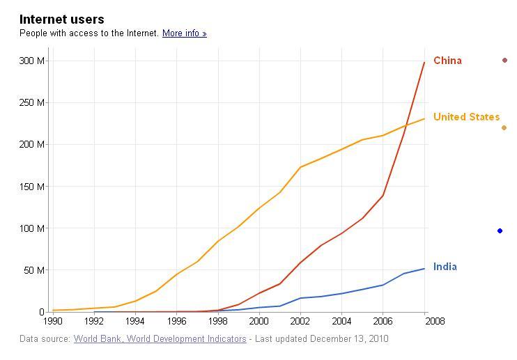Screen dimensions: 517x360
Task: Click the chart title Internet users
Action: coord(61,19)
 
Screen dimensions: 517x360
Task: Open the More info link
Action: coord(185,33)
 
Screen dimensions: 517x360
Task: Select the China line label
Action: coord(447,61)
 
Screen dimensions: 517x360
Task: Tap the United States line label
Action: coord(467,117)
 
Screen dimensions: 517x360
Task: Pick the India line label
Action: coord(445,267)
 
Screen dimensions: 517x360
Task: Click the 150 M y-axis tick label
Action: coord(31,187)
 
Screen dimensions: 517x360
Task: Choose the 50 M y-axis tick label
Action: coord(34,270)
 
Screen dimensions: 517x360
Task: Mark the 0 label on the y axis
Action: coord(42,312)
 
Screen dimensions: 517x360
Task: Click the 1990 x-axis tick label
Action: coord(53,321)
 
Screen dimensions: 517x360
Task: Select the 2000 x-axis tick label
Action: coord(258,321)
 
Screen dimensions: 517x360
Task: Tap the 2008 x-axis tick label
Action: coord(435,321)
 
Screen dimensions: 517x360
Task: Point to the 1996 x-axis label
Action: coord(177,321)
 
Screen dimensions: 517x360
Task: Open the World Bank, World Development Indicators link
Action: coord(160,339)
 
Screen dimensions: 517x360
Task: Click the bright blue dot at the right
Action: coord(500,231)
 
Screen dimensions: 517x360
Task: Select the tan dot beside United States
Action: coord(504,128)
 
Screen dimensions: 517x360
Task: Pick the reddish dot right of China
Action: coord(504,61)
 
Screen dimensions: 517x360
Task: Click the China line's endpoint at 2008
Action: coord(424,62)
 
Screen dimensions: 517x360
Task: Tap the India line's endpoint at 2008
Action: coord(424,269)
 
